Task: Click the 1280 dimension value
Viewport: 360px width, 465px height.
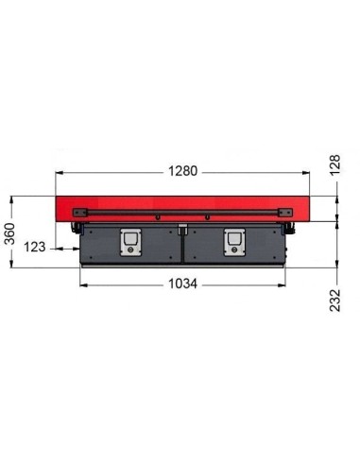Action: [x=182, y=171]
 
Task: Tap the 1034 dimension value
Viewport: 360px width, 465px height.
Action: [x=182, y=284]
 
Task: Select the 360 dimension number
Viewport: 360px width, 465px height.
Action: [x=10, y=233]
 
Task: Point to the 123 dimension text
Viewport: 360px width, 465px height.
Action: [x=35, y=247]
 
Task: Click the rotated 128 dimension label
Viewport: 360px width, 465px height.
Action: [x=335, y=165]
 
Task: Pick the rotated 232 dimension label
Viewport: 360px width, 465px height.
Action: [x=335, y=301]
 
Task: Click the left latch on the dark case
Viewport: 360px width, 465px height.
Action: [x=130, y=242]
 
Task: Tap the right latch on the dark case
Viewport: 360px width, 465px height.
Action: [x=234, y=242]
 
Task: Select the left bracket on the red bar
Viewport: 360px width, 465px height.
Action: [x=80, y=213]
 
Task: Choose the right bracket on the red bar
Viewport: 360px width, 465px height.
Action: [x=285, y=213]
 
